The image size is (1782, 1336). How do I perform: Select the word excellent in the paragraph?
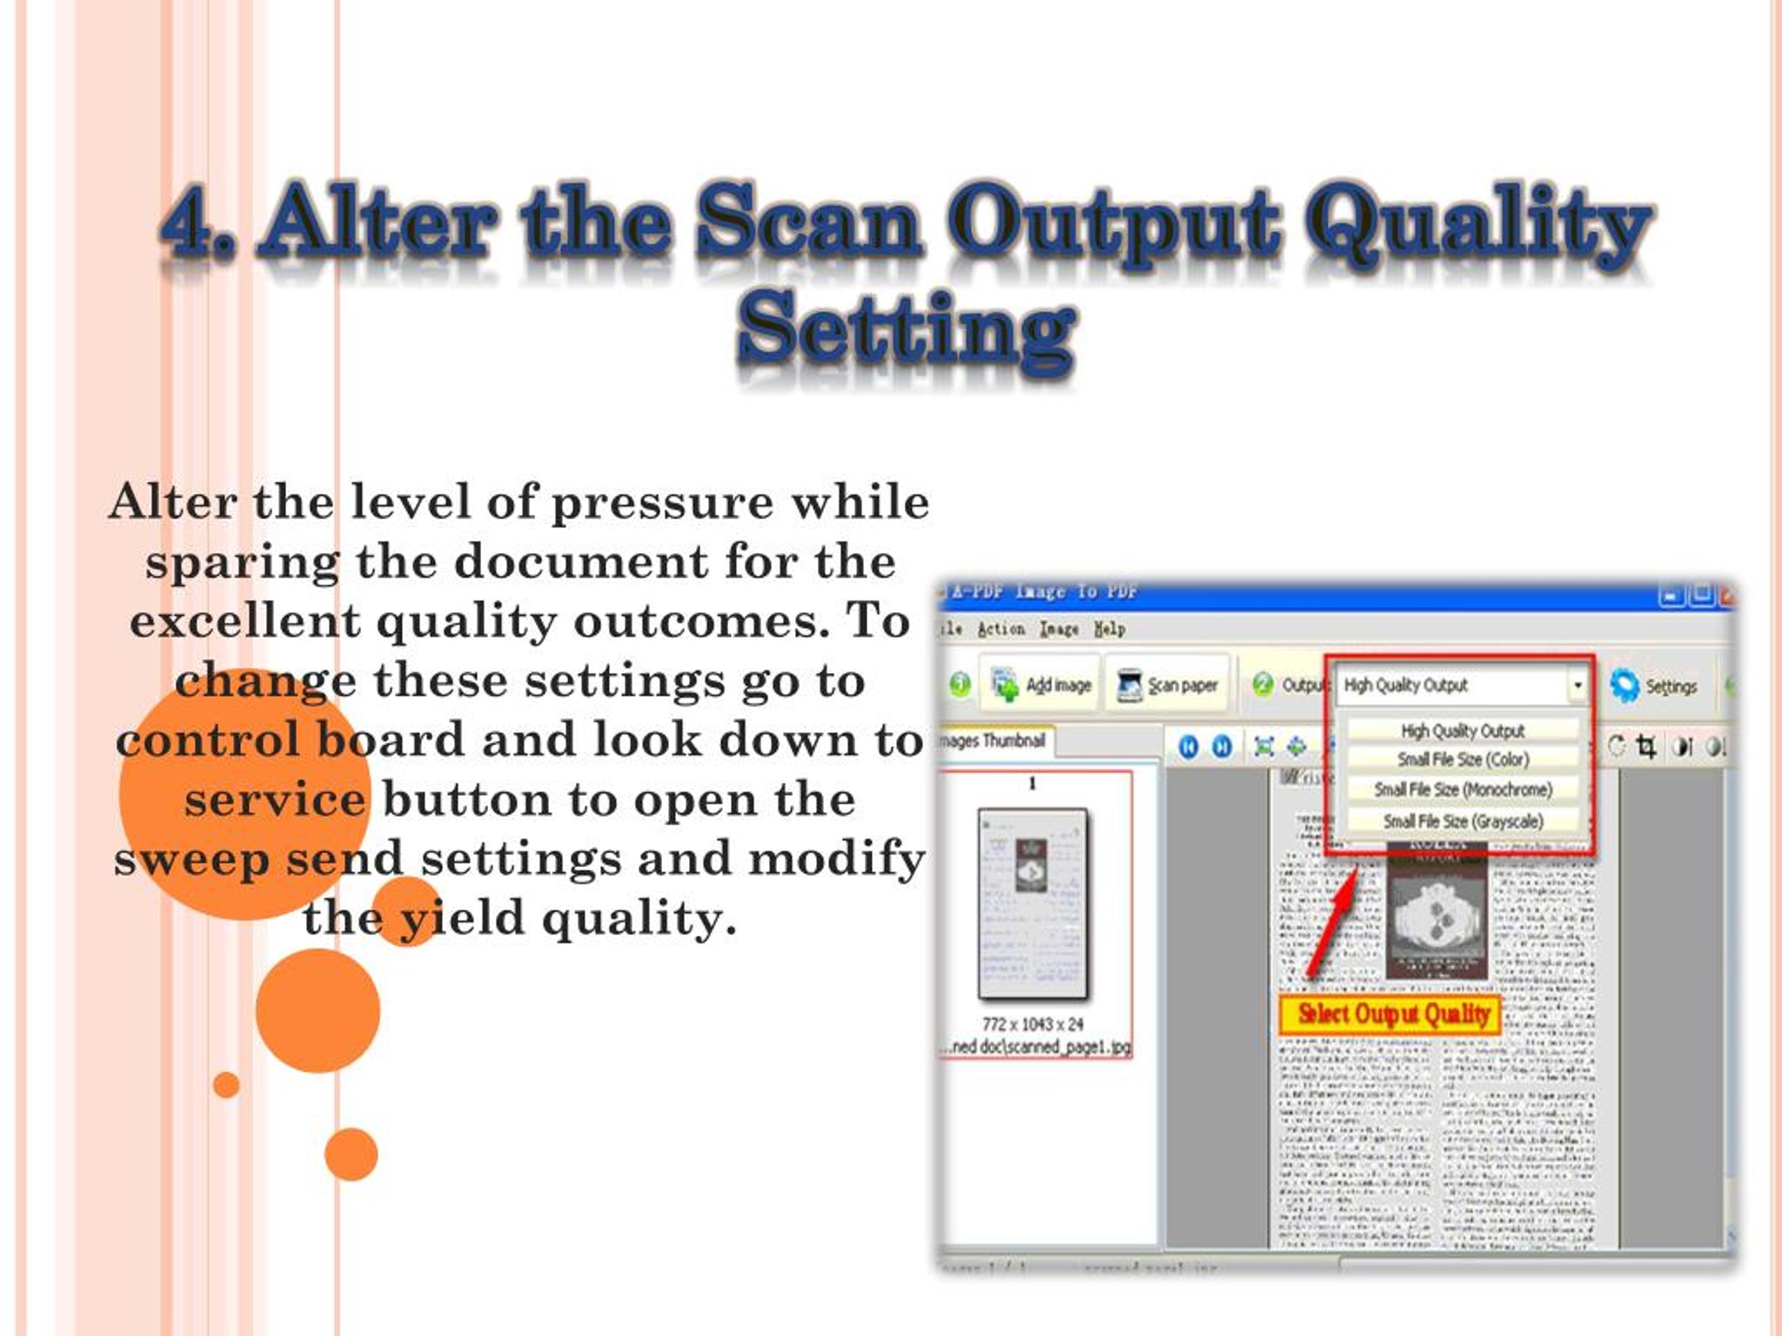click(245, 621)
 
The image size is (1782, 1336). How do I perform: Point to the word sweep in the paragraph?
click(191, 859)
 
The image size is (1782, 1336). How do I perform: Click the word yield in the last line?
click(462, 918)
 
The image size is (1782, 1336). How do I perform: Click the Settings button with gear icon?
click(1653, 686)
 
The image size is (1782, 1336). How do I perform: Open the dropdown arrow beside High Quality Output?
click(1577, 685)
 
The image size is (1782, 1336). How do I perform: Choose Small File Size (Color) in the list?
click(1463, 759)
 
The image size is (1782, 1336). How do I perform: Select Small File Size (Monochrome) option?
click(1463, 790)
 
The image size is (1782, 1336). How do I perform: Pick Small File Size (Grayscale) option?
click(1463, 821)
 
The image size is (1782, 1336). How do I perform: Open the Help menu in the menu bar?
click(1110, 629)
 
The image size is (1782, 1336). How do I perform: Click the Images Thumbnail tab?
click(995, 741)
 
